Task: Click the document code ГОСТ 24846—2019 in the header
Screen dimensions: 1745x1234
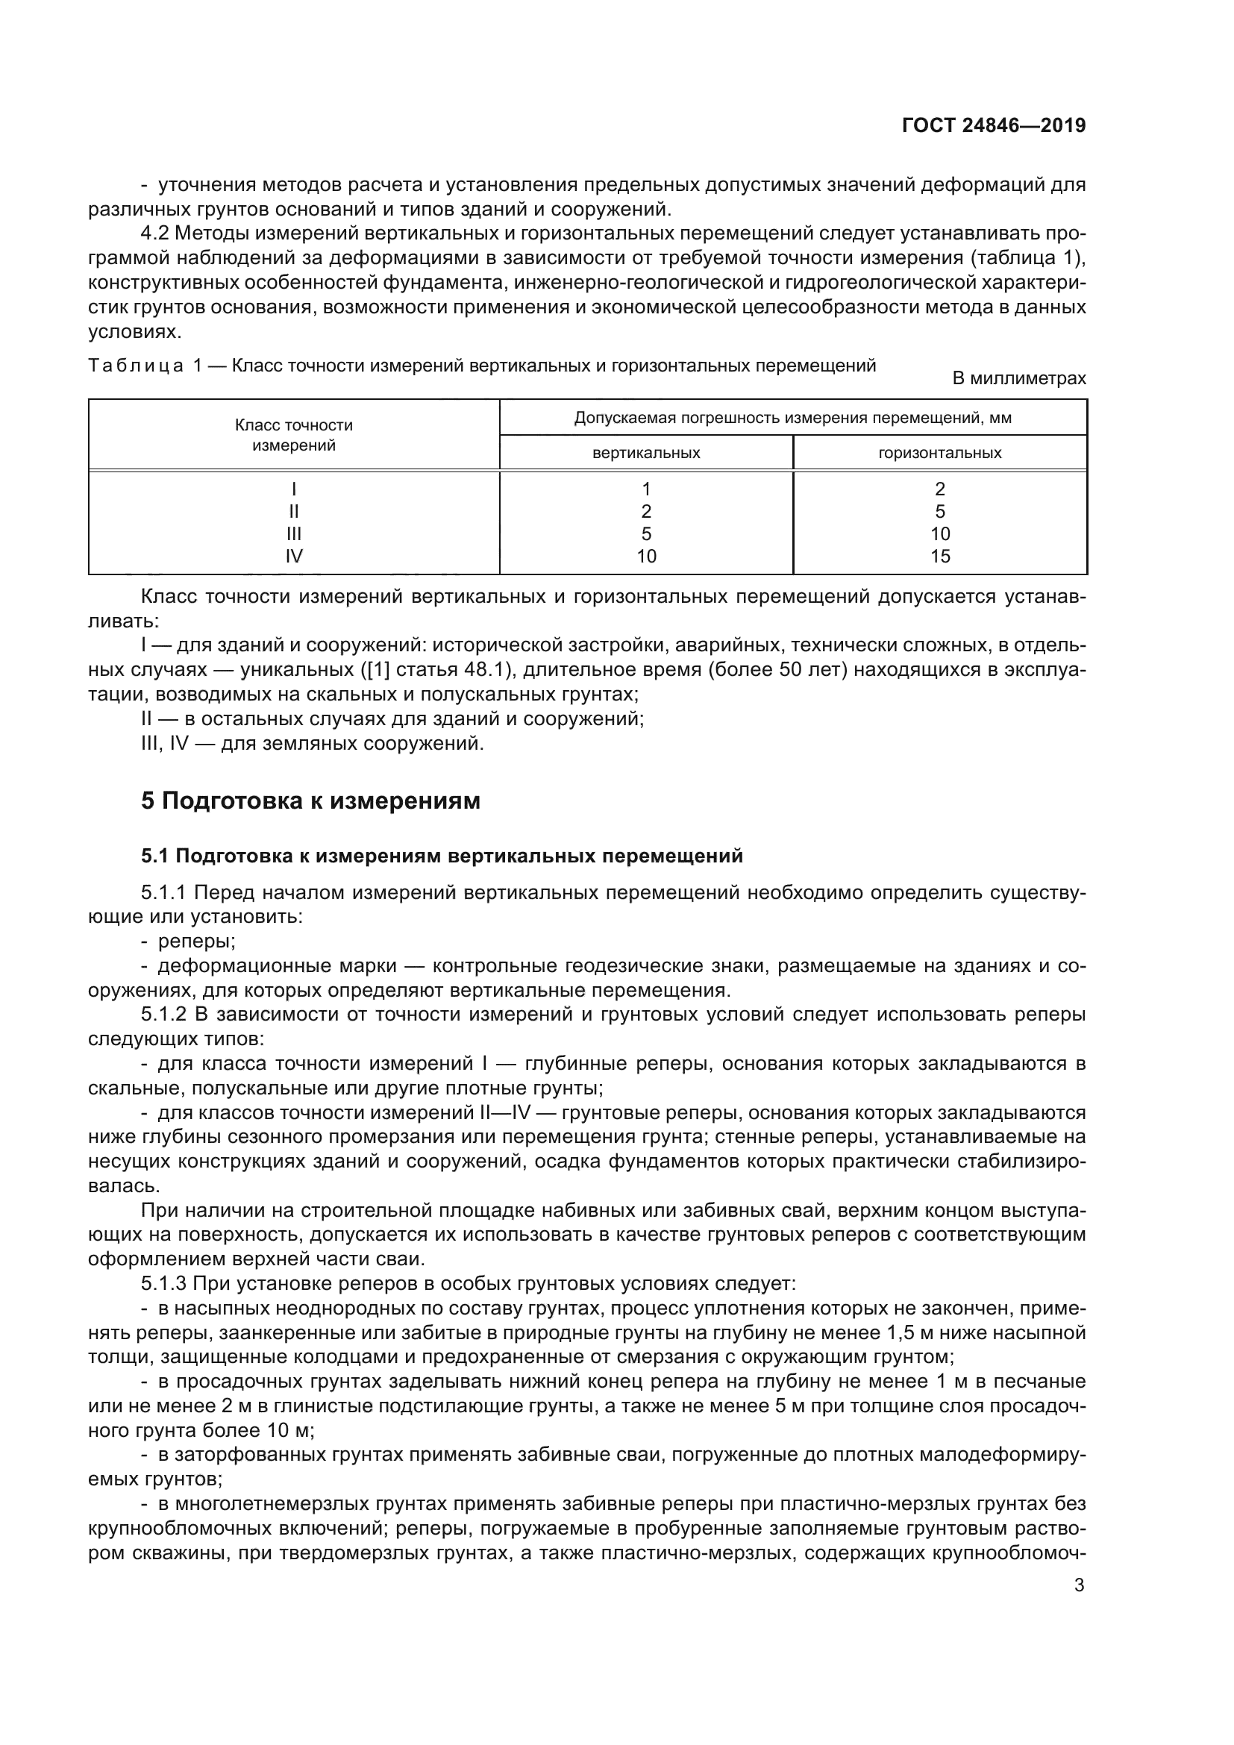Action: pos(993,125)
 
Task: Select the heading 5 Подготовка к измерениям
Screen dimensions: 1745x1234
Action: pos(311,801)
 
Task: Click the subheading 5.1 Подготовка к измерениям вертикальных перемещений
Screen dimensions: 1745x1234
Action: pos(442,856)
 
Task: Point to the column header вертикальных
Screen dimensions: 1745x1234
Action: pos(646,453)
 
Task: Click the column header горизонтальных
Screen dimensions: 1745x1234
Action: pos(940,453)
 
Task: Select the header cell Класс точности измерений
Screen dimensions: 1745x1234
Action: pos(293,436)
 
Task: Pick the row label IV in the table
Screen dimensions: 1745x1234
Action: pos(293,557)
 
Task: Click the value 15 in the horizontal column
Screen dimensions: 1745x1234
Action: pos(940,557)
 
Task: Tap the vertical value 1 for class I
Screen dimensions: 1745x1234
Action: pos(646,489)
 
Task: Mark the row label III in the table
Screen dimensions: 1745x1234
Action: pos(293,533)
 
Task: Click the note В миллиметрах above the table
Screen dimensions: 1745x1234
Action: pos(1019,377)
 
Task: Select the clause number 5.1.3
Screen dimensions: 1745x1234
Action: pos(163,1284)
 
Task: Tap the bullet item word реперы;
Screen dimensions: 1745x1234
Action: pos(197,941)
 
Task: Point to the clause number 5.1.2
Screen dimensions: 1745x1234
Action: pos(163,1015)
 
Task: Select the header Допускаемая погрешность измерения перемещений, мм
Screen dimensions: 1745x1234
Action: pos(792,418)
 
